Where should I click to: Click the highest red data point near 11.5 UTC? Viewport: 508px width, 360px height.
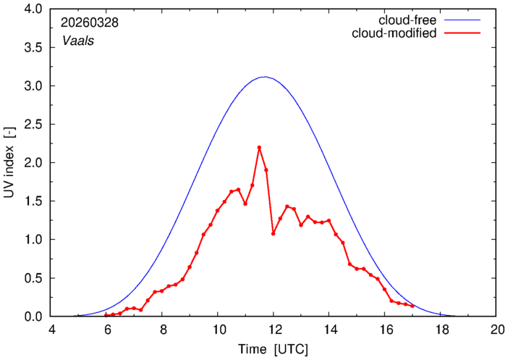[x=259, y=148]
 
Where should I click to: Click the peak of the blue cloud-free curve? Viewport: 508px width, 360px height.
[x=266, y=77]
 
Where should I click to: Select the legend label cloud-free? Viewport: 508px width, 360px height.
[x=407, y=20]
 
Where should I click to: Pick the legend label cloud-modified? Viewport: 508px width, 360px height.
[x=394, y=33]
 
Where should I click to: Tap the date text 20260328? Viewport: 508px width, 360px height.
[x=90, y=22]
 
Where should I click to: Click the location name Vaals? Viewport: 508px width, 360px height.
[x=78, y=41]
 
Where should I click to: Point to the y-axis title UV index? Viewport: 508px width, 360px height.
[x=9, y=172]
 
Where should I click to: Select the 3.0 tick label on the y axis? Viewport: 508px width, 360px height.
[x=33, y=86]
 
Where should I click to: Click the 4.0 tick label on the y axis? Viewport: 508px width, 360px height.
[x=33, y=9]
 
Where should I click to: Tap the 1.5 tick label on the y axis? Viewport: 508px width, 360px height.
[x=33, y=201]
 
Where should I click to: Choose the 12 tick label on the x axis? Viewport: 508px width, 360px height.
[x=273, y=330]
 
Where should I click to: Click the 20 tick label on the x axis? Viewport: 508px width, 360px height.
[x=496, y=330]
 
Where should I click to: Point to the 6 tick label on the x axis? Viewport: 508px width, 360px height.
[x=106, y=330]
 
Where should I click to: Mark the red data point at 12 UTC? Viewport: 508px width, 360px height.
[x=273, y=233]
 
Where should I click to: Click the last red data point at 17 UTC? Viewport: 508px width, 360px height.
[x=412, y=306]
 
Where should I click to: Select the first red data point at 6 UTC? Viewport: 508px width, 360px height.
[x=106, y=315]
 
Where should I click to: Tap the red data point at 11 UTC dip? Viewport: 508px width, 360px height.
[x=245, y=204]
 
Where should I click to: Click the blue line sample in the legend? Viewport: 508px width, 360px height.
[x=462, y=20]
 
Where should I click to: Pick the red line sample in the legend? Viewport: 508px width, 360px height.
[x=462, y=33]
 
